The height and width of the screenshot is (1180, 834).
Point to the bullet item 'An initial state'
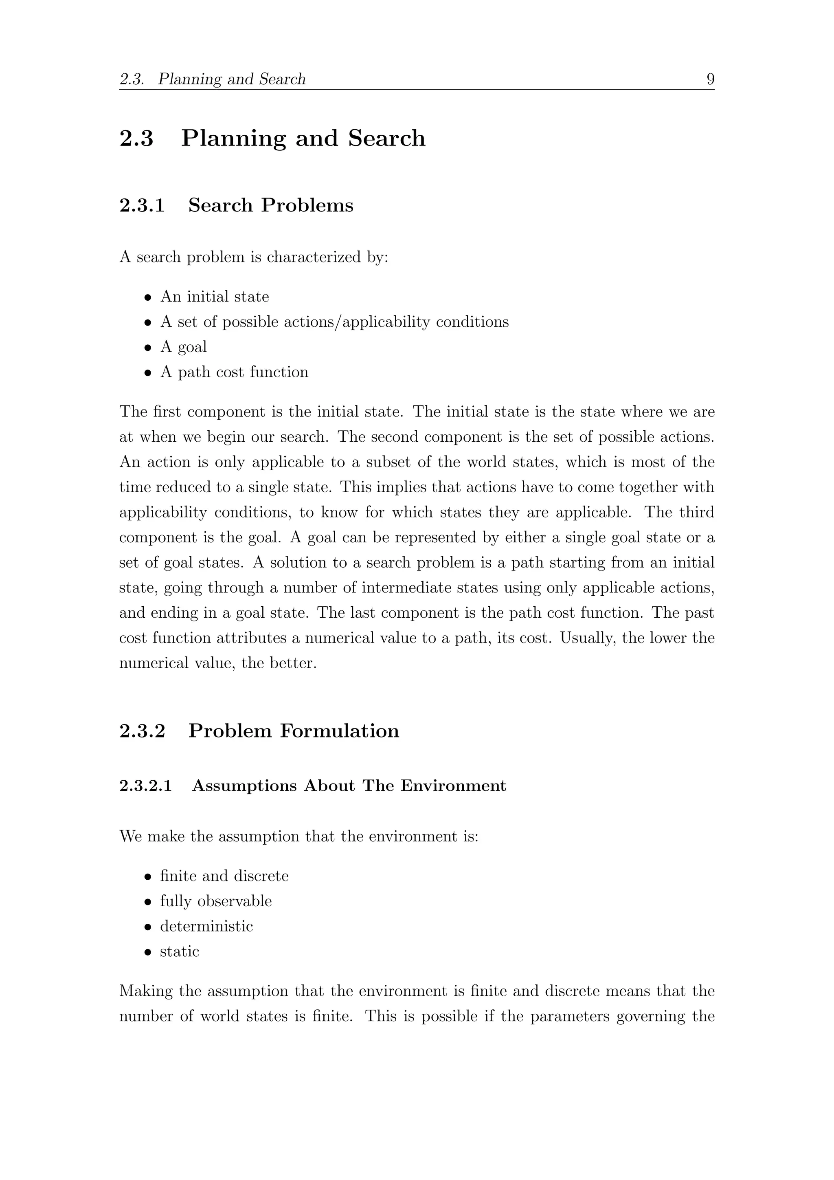[214, 297]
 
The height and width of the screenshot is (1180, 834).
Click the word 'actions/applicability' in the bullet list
[356, 322]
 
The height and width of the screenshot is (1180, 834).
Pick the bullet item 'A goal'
[183, 347]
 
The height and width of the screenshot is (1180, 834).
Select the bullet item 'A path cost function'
[234, 372]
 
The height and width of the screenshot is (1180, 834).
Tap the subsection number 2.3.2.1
[145, 786]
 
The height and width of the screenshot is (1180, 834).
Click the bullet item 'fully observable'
[216, 901]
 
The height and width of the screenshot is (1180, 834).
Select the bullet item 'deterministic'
[206, 926]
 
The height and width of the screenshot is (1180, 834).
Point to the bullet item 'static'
[179, 951]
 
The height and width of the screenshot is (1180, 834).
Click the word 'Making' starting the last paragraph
[146, 991]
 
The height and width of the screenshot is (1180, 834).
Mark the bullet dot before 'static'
[148, 952]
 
